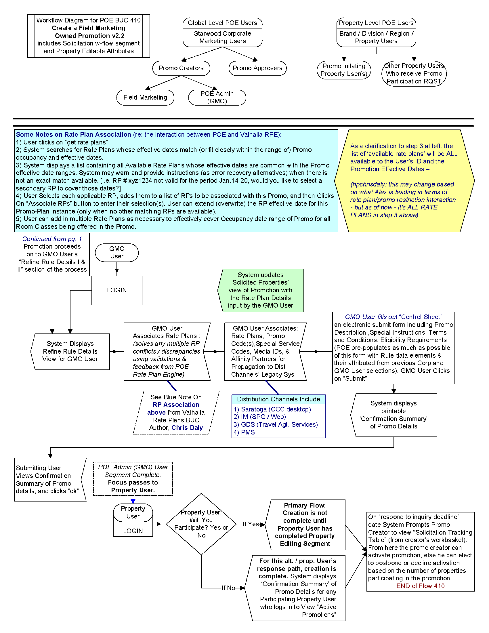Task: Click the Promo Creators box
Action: click(x=181, y=68)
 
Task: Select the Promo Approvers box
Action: click(x=257, y=68)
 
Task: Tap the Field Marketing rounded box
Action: click(x=145, y=97)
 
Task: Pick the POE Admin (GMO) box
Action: click(x=217, y=97)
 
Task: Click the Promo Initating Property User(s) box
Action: click(x=343, y=70)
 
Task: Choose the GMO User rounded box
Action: click(x=117, y=252)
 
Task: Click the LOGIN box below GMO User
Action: click(x=117, y=290)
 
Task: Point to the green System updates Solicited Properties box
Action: click(x=260, y=290)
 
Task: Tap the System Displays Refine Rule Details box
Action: click(x=70, y=351)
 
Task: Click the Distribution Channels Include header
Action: click(x=278, y=399)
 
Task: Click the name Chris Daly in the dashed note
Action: click(x=187, y=428)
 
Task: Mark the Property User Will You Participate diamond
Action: click(x=201, y=524)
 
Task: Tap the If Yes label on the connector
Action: click(x=250, y=524)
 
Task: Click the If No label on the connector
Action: click(x=228, y=588)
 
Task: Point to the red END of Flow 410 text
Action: click(x=420, y=586)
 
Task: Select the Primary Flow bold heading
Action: click(x=305, y=505)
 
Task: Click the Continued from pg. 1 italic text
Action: click(x=52, y=239)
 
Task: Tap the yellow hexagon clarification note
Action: click(x=404, y=181)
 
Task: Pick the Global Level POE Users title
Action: click(x=222, y=23)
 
